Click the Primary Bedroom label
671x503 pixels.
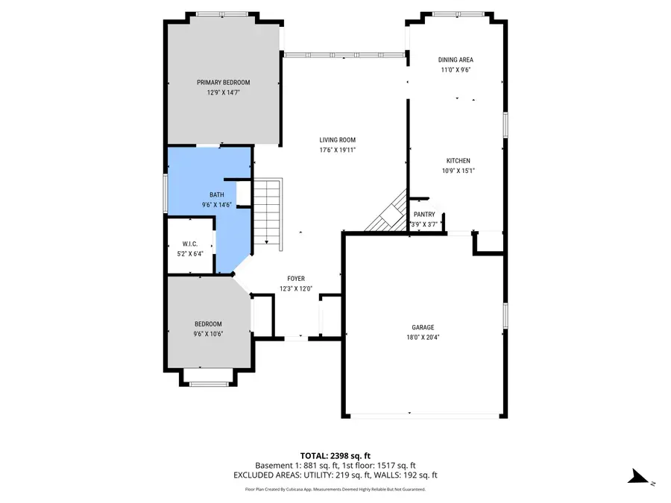click(x=223, y=82)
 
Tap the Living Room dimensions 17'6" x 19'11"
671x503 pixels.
click(x=337, y=150)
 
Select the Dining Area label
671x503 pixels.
click(x=455, y=60)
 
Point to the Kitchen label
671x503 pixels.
click(x=458, y=160)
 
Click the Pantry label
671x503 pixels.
click(x=424, y=215)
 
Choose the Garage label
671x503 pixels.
click(x=423, y=327)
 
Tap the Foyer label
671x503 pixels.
click(x=296, y=279)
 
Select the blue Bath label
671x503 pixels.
click(x=215, y=195)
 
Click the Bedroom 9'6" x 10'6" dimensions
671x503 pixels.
click(x=208, y=334)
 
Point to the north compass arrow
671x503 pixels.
click(x=638, y=477)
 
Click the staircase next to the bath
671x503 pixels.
click(x=268, y=212)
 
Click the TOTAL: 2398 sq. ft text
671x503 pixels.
click(x=335, y=455)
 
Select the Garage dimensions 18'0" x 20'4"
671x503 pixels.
click(x=423, y=337)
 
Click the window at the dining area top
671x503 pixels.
click(x=457, y=13)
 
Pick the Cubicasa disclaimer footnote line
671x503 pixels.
click(x=335, y=490)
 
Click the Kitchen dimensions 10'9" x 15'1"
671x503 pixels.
click(x=458, y=171)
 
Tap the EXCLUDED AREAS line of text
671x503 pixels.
click(x=335, y=475)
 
